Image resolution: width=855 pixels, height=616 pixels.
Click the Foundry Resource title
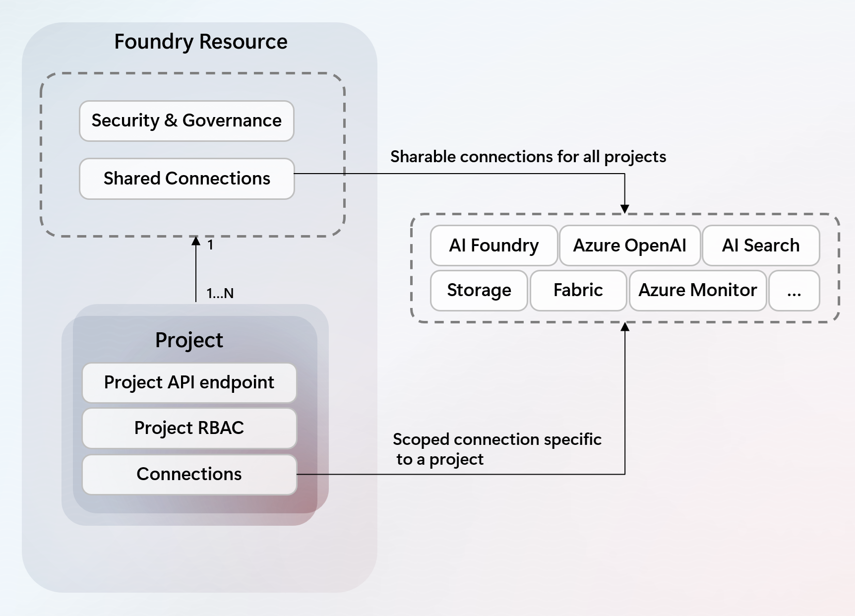[x=200, y=42]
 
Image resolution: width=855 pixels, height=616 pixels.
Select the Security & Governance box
[x=186, y=121]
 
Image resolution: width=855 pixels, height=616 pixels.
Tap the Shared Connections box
[x=186, y=179]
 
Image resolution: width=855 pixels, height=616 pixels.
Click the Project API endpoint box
[x=189, y=383]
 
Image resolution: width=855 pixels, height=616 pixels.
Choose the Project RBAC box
[x=189, y=428]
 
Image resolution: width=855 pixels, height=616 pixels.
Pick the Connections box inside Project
[x=189, y=474]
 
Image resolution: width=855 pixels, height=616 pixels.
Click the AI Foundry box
[x=493, y=246]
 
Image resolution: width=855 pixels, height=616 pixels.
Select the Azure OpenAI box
[x=629, y=246]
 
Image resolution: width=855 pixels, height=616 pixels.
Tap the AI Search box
[x=760, y=246]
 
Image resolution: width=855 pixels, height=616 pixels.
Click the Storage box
[x=479, y=290]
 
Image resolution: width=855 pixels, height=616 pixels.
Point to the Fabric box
[x=578, y=290]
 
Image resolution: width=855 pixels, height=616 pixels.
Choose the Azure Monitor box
[x=697, y=290]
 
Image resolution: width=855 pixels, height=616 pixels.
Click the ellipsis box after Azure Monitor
[x=794, y=291]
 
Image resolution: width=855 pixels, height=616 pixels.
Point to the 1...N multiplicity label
[x=220, y=293]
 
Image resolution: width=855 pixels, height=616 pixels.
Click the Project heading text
[x=189, y=340]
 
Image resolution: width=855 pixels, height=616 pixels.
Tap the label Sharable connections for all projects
[x=528, y=157]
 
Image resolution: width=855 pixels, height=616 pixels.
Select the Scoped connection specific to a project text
[x=496, y=449]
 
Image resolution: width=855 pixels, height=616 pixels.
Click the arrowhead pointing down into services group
[x=625, y=209]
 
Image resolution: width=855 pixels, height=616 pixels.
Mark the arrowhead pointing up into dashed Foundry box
[x=196, y=242]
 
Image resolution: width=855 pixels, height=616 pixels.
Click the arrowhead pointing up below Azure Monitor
[x=625, y=327]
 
